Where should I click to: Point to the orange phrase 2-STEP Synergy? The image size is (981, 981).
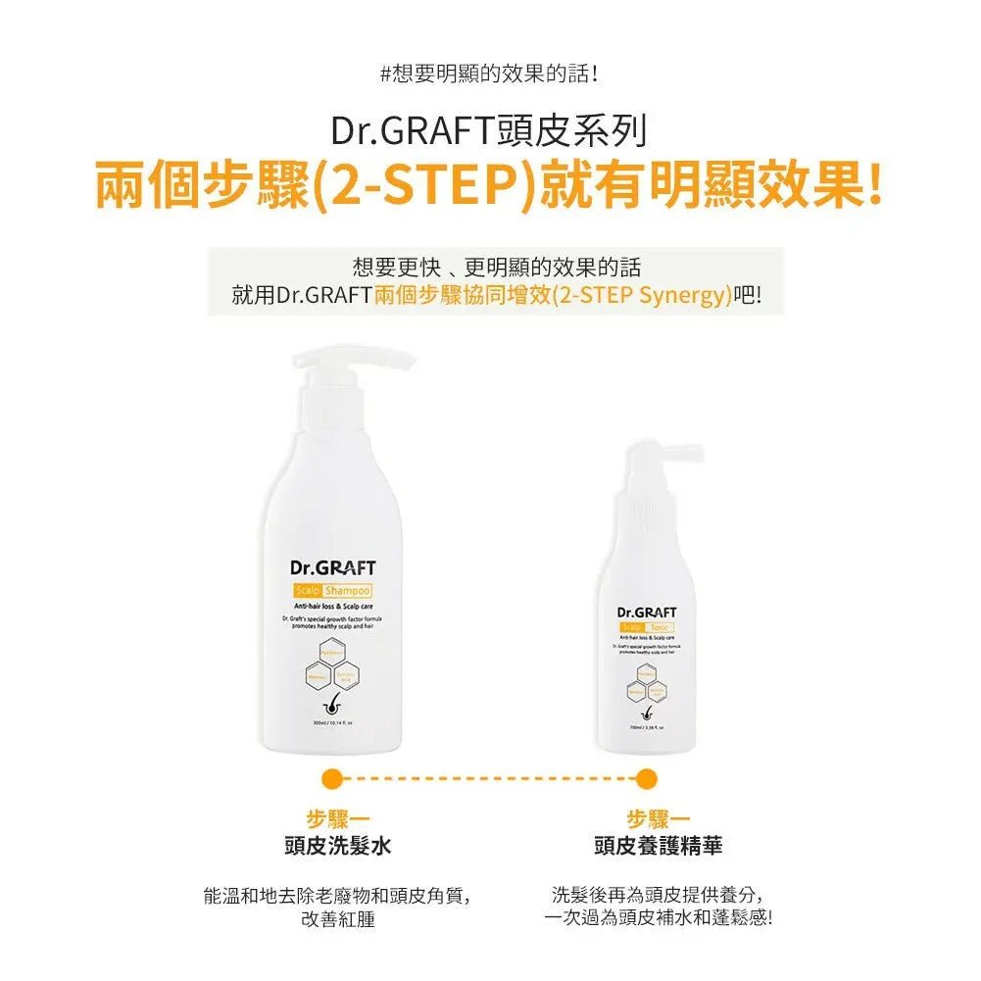642,295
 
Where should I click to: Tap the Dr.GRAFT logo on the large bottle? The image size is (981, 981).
332,567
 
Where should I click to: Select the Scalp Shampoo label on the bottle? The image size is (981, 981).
332,590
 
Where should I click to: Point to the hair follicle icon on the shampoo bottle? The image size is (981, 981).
332,709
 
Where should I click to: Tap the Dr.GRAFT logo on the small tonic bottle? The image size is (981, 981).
647,612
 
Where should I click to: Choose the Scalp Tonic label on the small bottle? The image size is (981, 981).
647,627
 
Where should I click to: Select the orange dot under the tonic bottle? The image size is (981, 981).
646,779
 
